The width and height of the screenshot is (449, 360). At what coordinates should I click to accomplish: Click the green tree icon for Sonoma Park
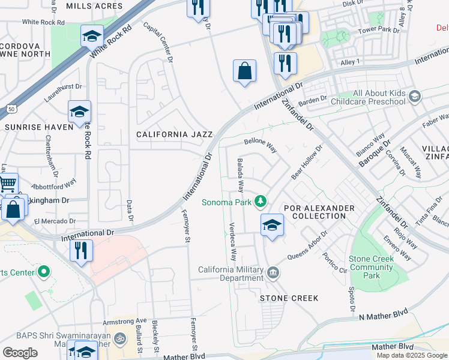coord(261,202)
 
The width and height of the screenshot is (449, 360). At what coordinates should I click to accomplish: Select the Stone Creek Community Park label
coord(372,268)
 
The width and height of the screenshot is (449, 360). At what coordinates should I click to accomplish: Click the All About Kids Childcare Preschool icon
coord(414,97)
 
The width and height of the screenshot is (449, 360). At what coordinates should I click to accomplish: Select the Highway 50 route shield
coord(11,109)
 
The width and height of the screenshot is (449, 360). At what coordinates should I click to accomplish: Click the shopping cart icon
coord(7,183)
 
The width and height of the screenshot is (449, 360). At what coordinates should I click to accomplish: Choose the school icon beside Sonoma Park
coord(272,225)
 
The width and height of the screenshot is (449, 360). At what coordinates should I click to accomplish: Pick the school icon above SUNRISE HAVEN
coord(79,112)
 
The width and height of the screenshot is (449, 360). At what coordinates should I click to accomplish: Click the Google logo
coord(20,352)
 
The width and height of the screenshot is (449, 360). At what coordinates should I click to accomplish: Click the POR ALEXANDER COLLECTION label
coord(319,212)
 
